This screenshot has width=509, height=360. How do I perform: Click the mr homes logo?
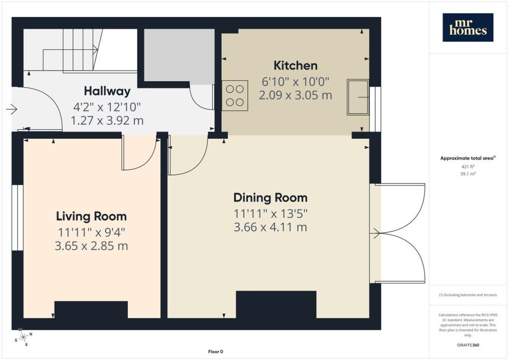468,27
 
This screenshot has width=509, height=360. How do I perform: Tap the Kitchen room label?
295,66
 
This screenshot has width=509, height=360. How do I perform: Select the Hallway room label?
107,91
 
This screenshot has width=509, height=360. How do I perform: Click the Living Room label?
91,216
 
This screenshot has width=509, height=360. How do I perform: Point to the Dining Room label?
270,198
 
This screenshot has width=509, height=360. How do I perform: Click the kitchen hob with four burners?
235,95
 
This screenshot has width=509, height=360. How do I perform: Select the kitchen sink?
358,97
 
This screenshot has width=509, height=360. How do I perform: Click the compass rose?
23,338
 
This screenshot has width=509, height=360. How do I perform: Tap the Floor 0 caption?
216,352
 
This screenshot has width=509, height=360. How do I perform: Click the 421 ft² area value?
468,167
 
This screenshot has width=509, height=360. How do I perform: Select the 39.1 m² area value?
468,174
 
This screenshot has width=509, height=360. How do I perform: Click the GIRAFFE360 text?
468,345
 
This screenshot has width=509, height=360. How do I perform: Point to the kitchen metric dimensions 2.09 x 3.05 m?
295,95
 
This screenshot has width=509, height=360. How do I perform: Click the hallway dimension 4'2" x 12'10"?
107,107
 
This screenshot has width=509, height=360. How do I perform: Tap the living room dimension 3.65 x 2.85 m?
91,246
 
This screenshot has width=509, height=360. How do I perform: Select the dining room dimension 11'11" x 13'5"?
270,214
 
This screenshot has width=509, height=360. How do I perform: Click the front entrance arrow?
12,109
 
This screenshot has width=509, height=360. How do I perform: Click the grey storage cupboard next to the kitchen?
179,55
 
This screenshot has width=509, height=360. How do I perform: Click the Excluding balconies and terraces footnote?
468,295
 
